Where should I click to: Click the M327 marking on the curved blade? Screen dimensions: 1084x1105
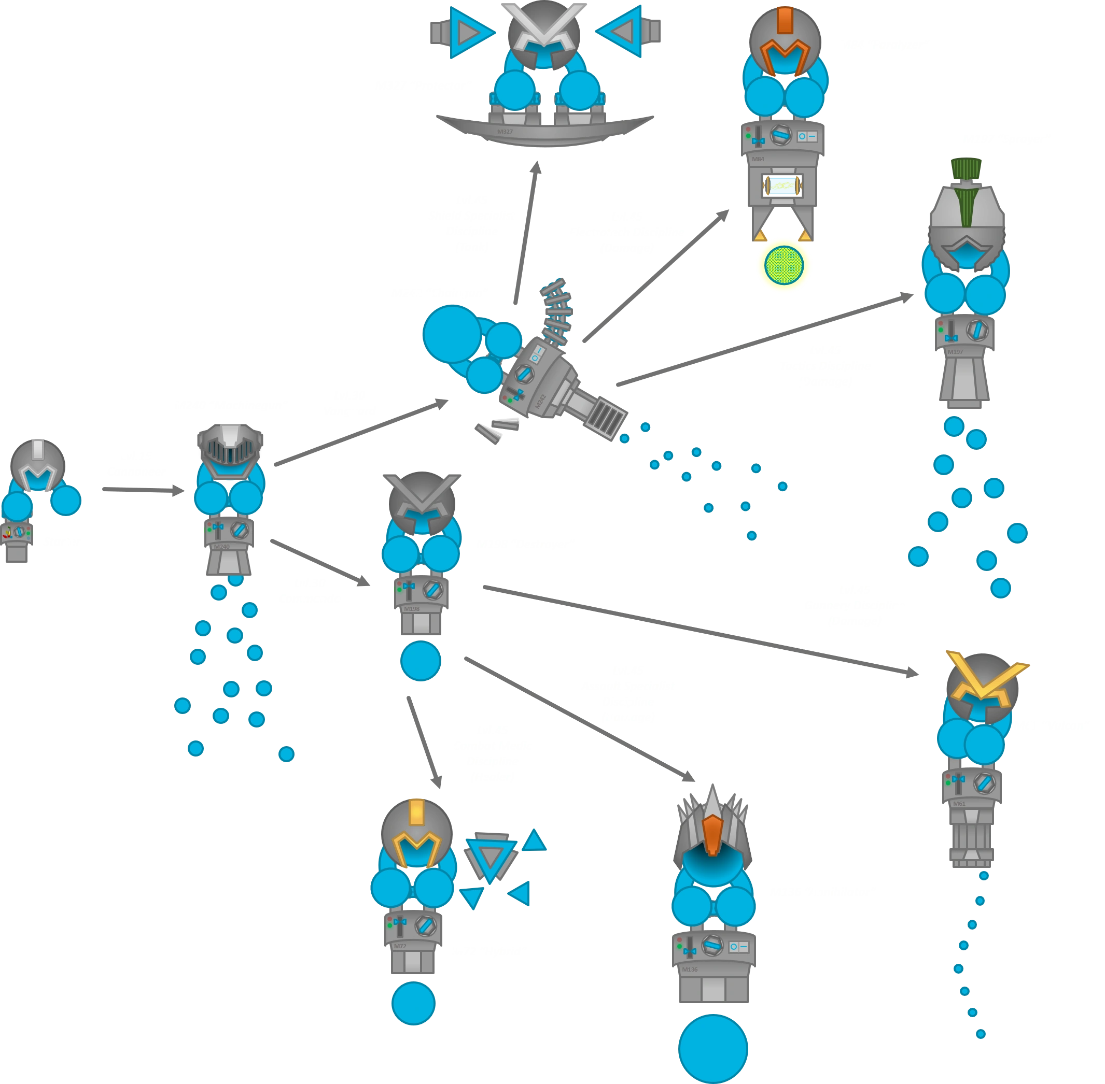coord(505,132)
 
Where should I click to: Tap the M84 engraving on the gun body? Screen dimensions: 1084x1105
coord(758,159)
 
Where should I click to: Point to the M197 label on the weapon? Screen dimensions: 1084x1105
coord(955,352)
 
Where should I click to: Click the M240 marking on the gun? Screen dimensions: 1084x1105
coord(221,547)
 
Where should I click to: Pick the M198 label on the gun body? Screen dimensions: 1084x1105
coord(411,609)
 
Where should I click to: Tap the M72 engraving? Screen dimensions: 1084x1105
coord(400,946)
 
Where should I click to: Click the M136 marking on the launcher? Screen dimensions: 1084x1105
coord(689,969)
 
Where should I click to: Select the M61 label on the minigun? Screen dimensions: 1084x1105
coord(959,804)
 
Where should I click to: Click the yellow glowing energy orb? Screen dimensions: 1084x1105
coord(784,265)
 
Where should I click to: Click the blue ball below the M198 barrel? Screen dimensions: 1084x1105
coord(421,661)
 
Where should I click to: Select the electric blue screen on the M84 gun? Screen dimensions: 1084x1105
coord(784,186)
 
